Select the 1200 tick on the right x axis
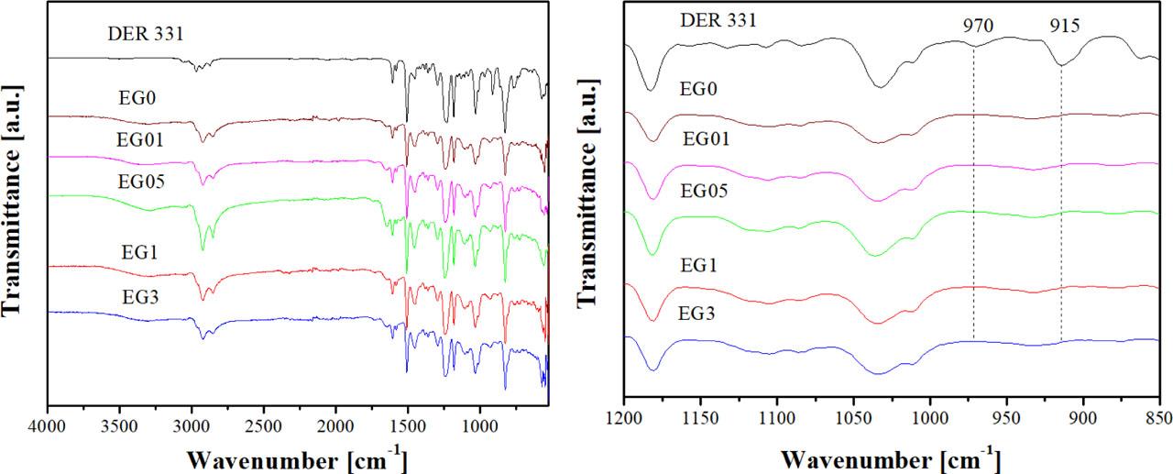tap(624, 425)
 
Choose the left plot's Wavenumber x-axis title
tap(298, 457)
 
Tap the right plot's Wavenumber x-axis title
tap(891, 457)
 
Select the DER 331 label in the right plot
tap(718, 21)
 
